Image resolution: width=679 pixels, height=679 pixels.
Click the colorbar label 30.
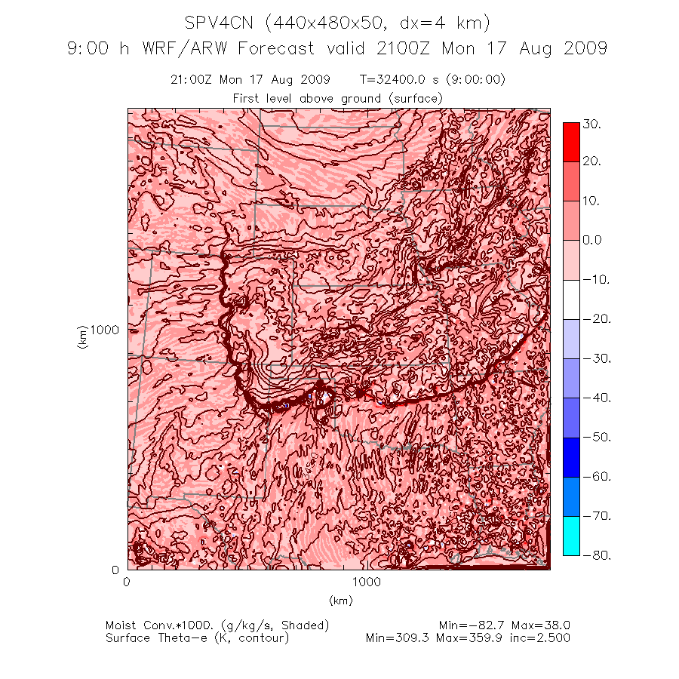pyautogui.click(x=591, y=125)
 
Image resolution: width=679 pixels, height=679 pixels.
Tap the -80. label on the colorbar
pyautogui.click(x=591, y=555)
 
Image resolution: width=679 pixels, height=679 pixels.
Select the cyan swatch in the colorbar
pyautogui.click(x=571, y=536)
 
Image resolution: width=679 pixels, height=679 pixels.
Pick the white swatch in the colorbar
pyautogui.click(x=571, y=300)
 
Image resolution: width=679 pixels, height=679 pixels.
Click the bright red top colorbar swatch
pyautogui.click(x=571, y=142)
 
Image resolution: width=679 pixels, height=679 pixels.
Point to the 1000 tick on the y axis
pyautogui.click(x=105, y=330)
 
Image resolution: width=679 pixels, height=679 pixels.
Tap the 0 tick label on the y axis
pyautogui.click(x=115, y=569)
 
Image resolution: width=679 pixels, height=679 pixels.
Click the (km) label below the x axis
pyautogui.click(x=340, y=601)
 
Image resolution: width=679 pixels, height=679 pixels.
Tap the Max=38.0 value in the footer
pyautogui.click(x=541, y=625)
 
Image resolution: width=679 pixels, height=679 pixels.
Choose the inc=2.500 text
pyautogui.click(x=542, y=638)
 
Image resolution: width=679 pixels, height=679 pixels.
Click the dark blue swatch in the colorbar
pyautogui.click(x=571, y=457)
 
